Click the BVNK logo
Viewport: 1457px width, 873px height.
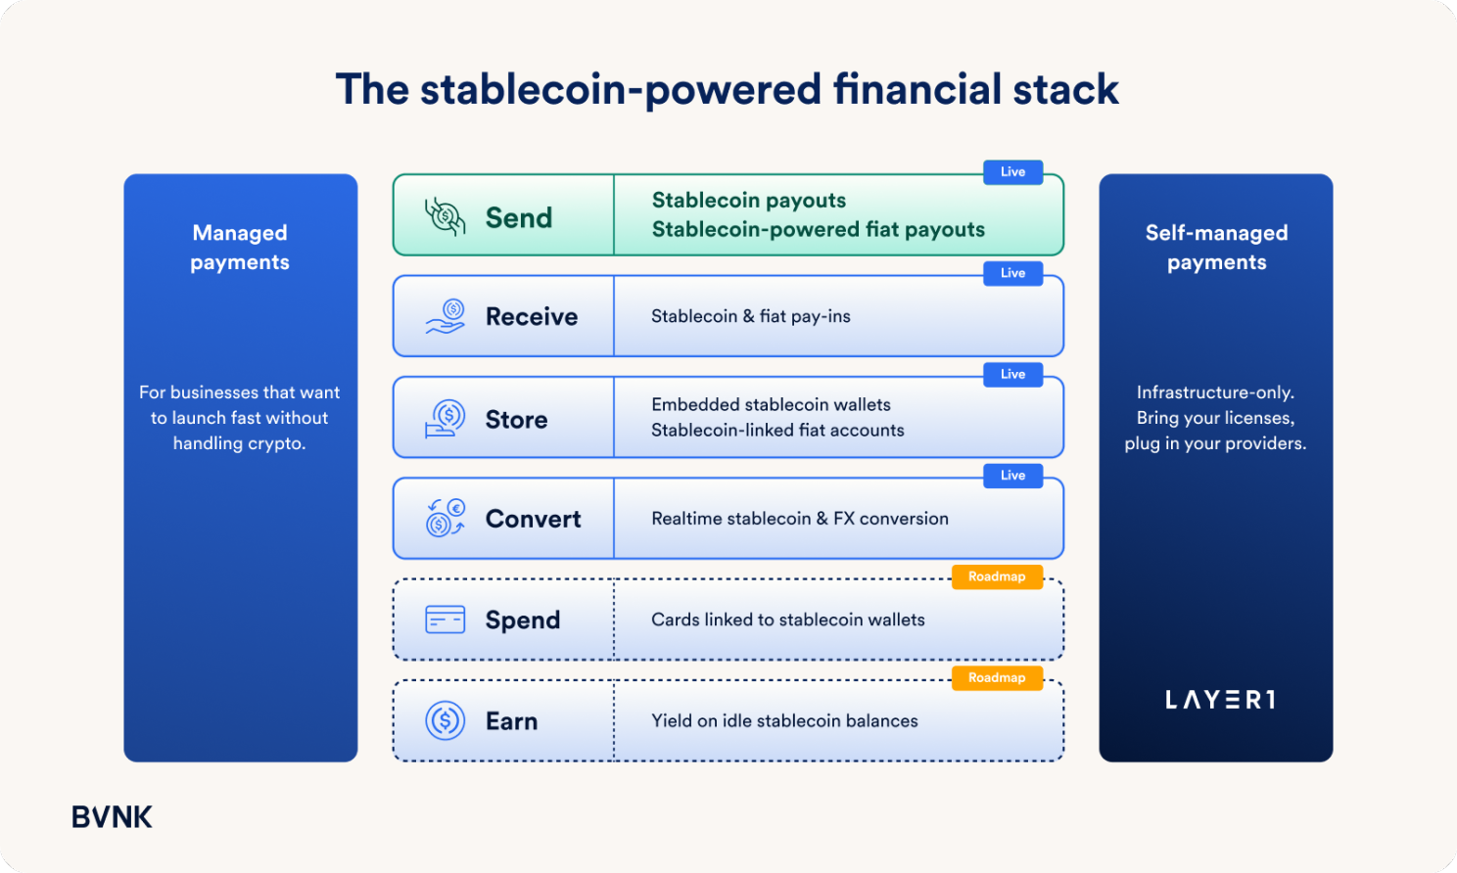pos(112,817)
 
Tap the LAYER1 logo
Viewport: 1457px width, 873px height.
pos(1220,700)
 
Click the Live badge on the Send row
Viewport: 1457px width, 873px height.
pos(1012,172)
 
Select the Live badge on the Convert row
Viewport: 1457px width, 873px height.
pos(1012,476)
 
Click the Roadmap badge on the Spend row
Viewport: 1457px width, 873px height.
pos(997,577)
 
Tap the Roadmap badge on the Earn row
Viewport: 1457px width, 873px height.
pos(997,678)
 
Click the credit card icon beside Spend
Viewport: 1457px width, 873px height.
pos(445,620)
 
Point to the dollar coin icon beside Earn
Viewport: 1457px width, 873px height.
pos(445,720)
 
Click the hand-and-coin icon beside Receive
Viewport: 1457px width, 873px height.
pos(446,316)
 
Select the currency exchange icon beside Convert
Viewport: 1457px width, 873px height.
pos(446,518)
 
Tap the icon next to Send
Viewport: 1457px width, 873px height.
pos(446,216)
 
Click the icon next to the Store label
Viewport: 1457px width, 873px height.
pos(445,418)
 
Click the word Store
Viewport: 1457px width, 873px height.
pos(516,420)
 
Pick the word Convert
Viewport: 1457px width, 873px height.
pos(534,519)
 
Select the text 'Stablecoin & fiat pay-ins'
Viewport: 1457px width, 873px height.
pos(751,316)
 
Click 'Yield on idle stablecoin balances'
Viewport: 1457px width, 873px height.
pos(784,721)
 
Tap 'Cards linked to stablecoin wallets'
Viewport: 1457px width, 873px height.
pos(787,620)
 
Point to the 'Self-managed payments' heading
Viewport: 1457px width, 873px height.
pos(1216,247)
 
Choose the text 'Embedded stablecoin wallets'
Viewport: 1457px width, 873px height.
pos(771,404)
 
